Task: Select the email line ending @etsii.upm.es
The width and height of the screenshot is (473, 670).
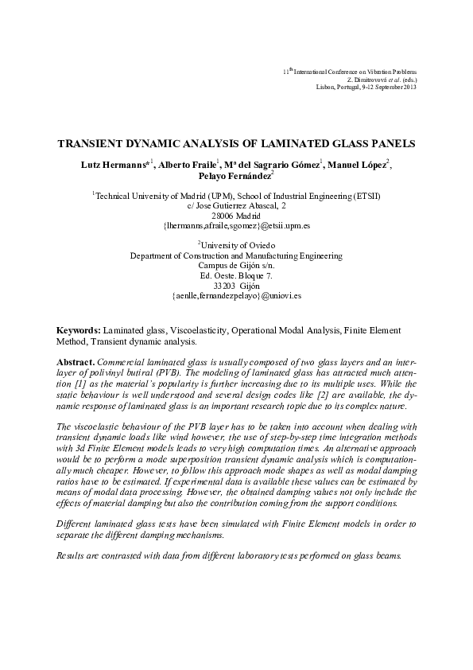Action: click(x=236, y=226)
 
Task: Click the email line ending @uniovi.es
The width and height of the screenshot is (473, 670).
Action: click(x=236, y=296)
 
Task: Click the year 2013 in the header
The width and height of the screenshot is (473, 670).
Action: click(x=409, y=87)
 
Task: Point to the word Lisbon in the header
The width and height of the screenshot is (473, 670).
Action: click(x=326, y=87)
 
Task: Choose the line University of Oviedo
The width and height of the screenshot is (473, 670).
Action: click(x=236, y=246)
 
